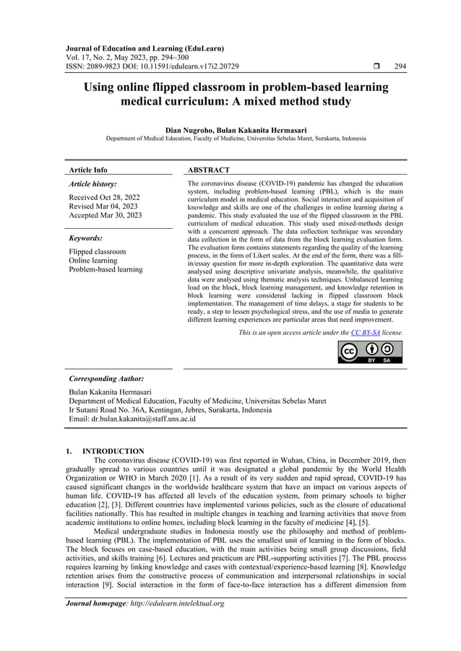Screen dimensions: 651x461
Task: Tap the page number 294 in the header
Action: (400, 66)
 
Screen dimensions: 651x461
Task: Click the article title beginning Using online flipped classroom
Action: (236, 95)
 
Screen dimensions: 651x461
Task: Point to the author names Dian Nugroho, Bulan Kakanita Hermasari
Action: (236, 129)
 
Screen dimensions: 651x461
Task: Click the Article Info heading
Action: (87, 170)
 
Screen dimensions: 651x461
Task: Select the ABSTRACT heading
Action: (209, 170)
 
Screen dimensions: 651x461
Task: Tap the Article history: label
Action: (92, 185)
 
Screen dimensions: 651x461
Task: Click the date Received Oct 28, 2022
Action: (104, 197)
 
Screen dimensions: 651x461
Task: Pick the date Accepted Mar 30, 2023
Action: (105, 215)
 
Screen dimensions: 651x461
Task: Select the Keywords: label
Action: (85, 237)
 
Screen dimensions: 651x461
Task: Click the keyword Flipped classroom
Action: (97, 252)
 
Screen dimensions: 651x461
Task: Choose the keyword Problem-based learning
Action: (105, 269)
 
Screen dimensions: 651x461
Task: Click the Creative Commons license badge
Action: (370, 352)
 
